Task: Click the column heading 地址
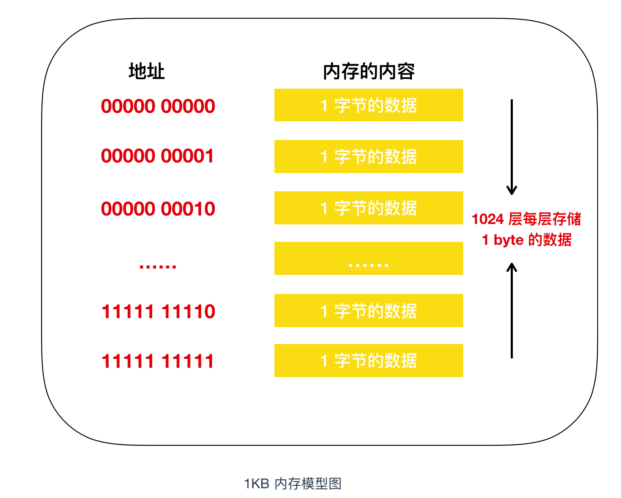pyautogui.click(x=147, y=71)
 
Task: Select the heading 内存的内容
pyautogui.click(x=369, y=71)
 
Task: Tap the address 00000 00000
pyautogui.click(x=158, y=106)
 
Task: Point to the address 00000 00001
pyautogui.click(x=157, y=156)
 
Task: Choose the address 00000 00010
pyautogui.click(x=158, y=209)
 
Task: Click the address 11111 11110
pyautogui.click(x=158, y=311)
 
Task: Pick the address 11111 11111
pyautogui.click(x=157, y=361)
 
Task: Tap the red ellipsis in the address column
pyautogui.click(x=157, y=266)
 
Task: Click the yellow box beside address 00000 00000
pyautogui.click(x=369, y=105)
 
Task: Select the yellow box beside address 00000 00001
pyautogui.click(x=369, y=157)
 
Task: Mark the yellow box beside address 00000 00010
pyautogui.click(x=369, y=208)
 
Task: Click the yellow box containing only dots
pyautogui.click(x=369, y=258)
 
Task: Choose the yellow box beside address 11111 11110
pyautogui.click(x=369, y=311)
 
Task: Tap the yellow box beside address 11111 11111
pyautogui.click(x=369, y=361)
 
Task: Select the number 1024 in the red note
pyautogui.click(x=488, y=219)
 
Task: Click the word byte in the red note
pyautogui.click(x=509, y=240)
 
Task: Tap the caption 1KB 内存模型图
pyautogui.click(x=293, y=484)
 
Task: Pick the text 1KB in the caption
pyautogui.click(x=257, y=484)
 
